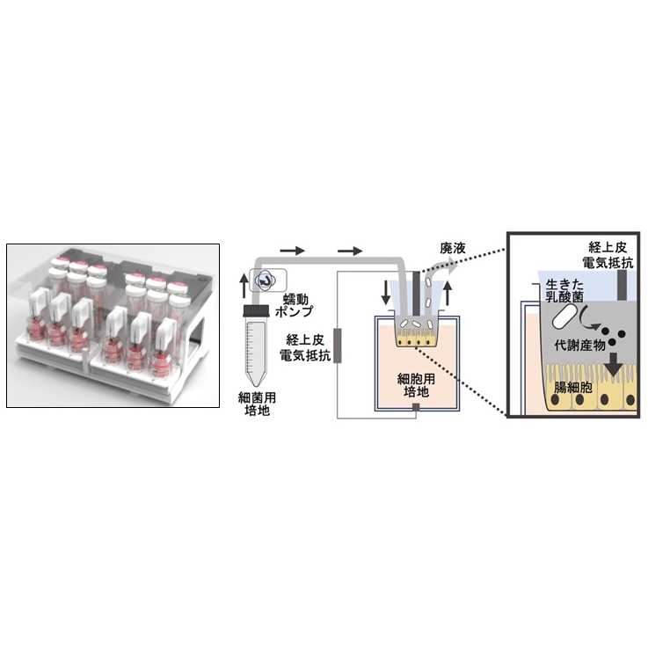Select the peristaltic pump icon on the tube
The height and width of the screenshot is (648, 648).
265,280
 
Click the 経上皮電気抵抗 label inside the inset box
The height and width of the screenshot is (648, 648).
609,254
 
